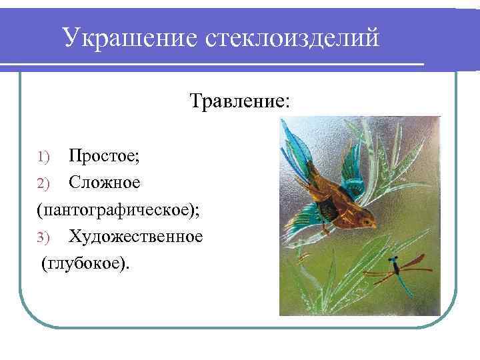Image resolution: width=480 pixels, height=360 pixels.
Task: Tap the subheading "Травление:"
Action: tap(239, 101)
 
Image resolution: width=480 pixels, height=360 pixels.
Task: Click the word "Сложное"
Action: tap(103, 182)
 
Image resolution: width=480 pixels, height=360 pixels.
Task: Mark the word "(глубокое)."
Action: tap(87, 264)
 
